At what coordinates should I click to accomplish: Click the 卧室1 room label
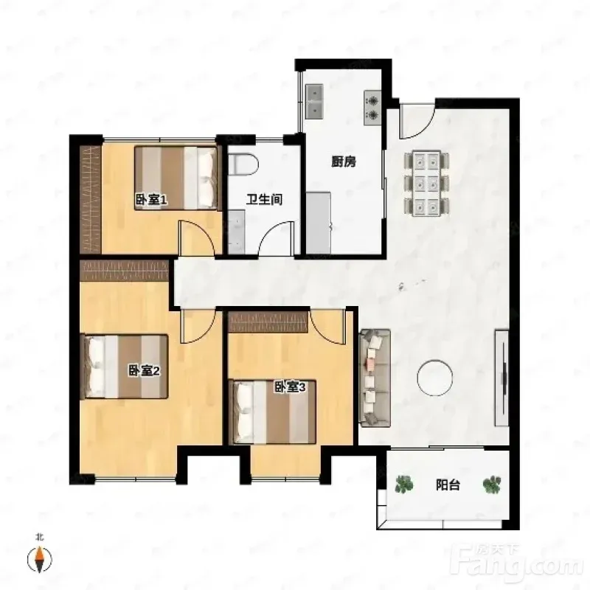tap(151, 200)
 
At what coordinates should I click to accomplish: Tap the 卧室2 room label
tap(145, 371)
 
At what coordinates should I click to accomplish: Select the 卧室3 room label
tap(289, 386)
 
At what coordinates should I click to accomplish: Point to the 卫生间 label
tap(264, 199)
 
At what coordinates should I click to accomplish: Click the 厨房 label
tap(344, 162)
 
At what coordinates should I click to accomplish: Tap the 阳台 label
tap(448, 485)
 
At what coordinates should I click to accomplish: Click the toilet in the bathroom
tap(243, 164)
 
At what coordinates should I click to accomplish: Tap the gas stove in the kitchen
tap(372, 108)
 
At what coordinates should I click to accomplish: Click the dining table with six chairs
tap(427, 183)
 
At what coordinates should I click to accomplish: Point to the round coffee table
tap(434, 378)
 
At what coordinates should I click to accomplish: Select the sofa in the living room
tap(375, 378)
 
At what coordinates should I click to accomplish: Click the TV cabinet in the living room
tap(502, 378)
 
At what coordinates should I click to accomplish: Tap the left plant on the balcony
tap(404, 485)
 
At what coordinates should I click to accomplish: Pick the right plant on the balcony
tap(492, 485)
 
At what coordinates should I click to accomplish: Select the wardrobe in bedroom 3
tap(268, 322)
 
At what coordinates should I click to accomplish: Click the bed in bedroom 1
tap(176, 178)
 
